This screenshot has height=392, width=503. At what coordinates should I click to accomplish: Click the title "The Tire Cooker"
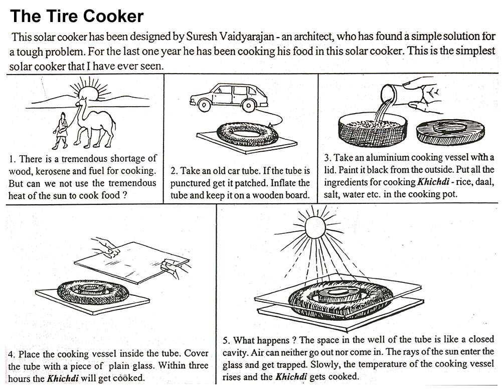point(77,17)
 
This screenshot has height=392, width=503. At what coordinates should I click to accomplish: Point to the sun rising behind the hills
point(88,92)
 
